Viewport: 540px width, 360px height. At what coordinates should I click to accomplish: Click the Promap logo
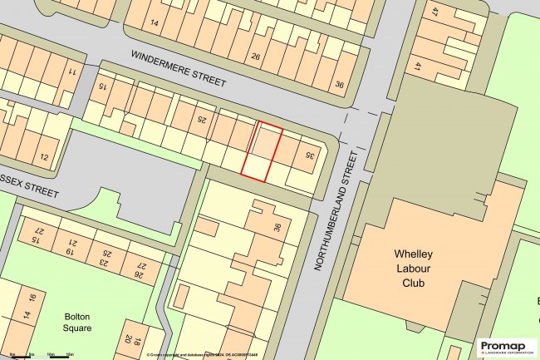tap(507, 348)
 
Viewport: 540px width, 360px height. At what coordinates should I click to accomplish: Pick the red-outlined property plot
tap(262, 150)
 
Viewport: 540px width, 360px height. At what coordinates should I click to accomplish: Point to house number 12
tap(43, 157)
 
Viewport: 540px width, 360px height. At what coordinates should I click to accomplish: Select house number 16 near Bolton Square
tap(32, 298)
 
